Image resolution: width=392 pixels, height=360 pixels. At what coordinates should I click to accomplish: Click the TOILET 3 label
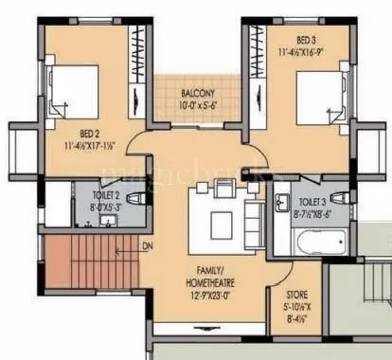313,203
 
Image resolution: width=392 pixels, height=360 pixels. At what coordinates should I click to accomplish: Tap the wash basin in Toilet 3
283,201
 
